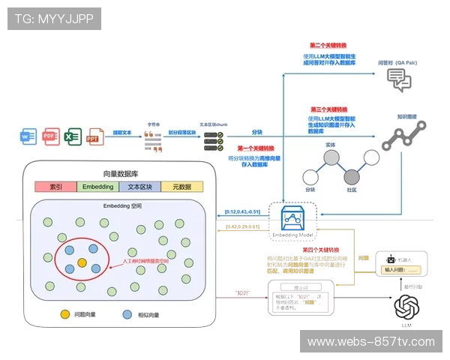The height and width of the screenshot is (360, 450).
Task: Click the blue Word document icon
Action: (28, 137)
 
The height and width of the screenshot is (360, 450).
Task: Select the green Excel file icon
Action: (72, 137)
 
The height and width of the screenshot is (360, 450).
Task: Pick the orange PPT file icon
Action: (94, 137)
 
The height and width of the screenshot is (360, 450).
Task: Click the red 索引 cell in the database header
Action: (55, 187)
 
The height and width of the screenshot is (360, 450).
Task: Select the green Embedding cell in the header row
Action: (98, 187)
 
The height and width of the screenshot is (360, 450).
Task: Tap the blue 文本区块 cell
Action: (140, 187)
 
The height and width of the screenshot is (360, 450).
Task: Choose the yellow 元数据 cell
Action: (182, 187)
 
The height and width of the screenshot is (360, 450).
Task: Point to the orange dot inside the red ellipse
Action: (82, 262)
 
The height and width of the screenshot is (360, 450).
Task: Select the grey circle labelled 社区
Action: (352, 177)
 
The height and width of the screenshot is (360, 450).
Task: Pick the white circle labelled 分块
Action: (310, 177)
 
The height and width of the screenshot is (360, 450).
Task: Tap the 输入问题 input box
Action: (403, 269)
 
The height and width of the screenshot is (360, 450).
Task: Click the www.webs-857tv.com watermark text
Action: (370, 342)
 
